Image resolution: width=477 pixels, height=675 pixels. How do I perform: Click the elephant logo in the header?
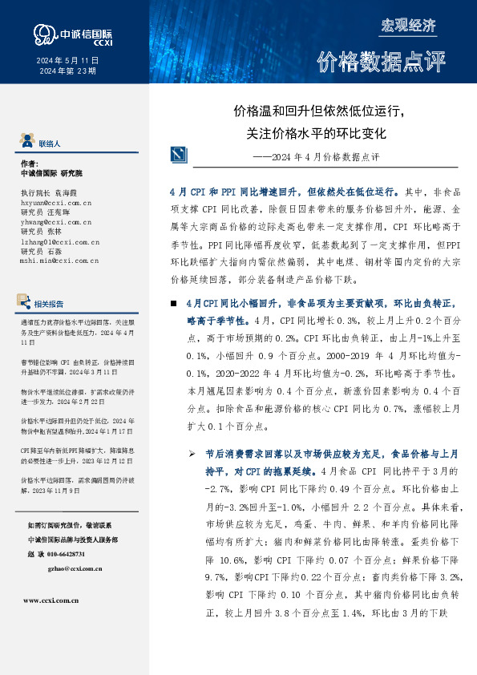coord(42,33)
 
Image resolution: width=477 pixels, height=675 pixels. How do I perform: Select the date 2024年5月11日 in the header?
coord(67,61)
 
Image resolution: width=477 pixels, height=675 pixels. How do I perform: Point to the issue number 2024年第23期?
coord(67,71)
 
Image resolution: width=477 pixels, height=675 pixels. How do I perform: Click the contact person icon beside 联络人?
coord(26,142)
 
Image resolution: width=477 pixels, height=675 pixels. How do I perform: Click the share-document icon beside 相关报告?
coord(25,302)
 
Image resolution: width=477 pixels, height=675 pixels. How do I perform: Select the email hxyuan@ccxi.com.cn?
coord(55,204)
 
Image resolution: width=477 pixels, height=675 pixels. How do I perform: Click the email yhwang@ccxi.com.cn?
coord(55,223)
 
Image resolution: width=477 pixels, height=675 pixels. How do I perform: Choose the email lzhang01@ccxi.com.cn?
coord(59,241)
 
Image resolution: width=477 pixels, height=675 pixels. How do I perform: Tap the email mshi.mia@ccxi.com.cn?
coord(59,260)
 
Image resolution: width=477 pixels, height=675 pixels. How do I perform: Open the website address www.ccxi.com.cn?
coord(52,599)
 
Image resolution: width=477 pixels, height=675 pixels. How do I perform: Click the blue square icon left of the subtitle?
coord(180,155)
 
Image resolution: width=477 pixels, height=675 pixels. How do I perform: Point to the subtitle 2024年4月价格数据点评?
coord(326,156)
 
